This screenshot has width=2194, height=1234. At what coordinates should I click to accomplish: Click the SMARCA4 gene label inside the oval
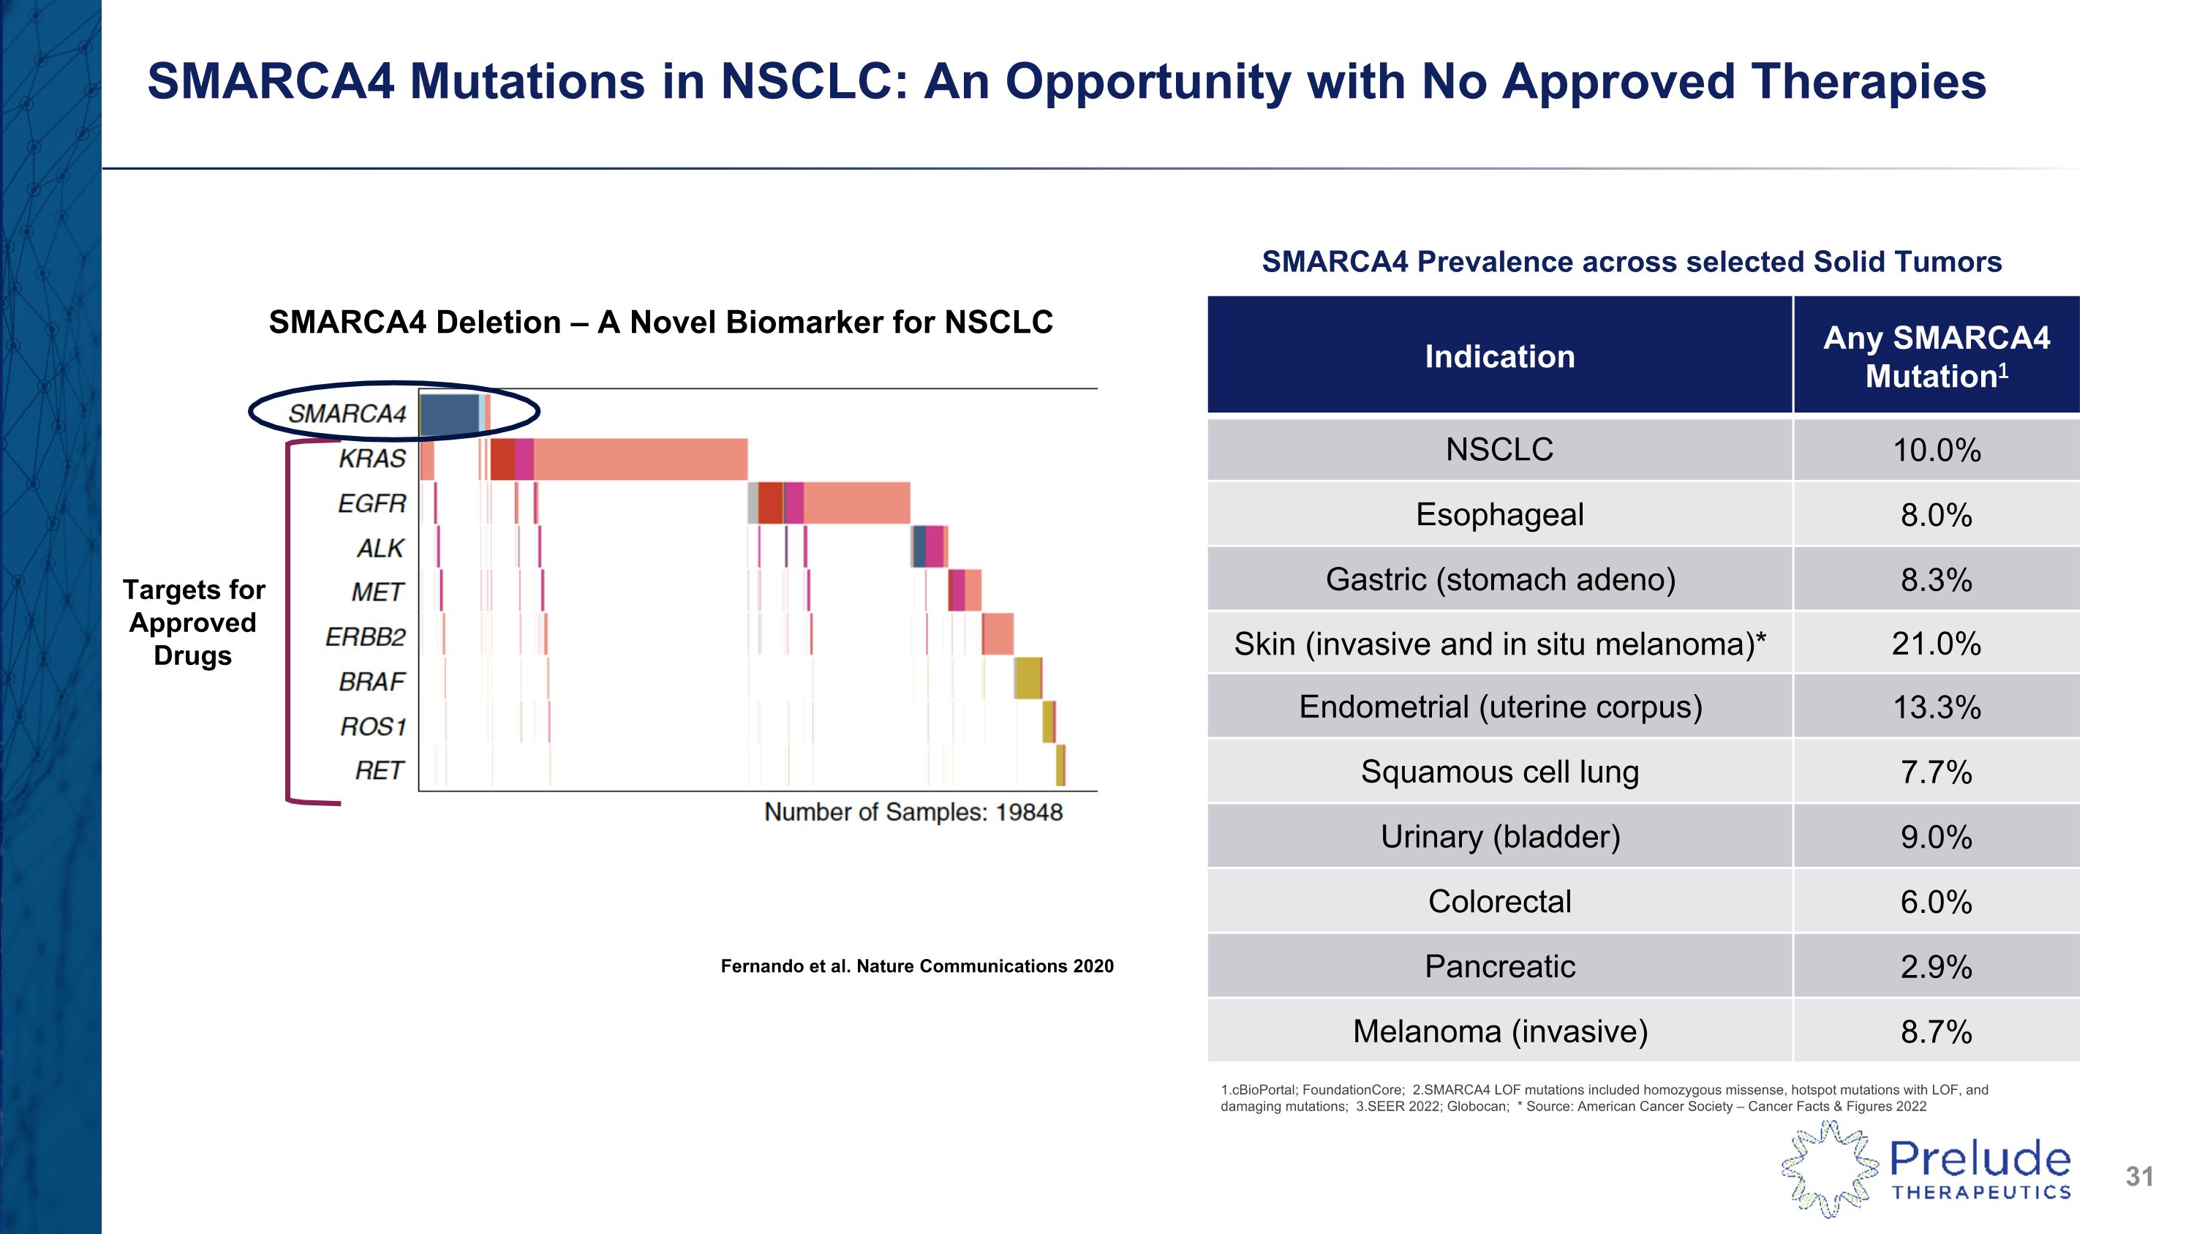coord(347,414)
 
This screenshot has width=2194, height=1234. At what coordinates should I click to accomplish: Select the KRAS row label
coord(372,459)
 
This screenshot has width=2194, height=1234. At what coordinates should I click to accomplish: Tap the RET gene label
coord(378,771)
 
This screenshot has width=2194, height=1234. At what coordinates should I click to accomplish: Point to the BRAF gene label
coord(372,682)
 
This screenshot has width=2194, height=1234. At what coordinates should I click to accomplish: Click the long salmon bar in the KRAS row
coord(638,459)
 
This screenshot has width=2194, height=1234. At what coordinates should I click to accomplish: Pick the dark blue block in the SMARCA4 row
coord(449,414)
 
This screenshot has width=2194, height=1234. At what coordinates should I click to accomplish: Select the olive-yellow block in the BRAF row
coord(1028,678)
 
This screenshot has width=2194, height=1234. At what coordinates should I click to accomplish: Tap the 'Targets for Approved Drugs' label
coord(193,622)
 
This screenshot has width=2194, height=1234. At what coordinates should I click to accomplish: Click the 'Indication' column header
coord(1499,356)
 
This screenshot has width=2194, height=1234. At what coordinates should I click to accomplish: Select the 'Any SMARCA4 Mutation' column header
coord(1936,356)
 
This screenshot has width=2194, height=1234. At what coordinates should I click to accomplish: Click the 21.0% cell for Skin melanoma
coord(1936,644)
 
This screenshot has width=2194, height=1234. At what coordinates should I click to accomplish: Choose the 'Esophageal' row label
coord(1499,514)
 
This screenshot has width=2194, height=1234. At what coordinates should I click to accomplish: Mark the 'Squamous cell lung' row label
coord(1499,772)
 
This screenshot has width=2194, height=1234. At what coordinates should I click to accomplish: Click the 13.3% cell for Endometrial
coord(1936,707)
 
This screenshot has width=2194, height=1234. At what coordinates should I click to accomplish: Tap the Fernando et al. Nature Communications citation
coord(916,966)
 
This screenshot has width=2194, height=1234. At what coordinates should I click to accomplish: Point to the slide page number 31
coord(2138,1176)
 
